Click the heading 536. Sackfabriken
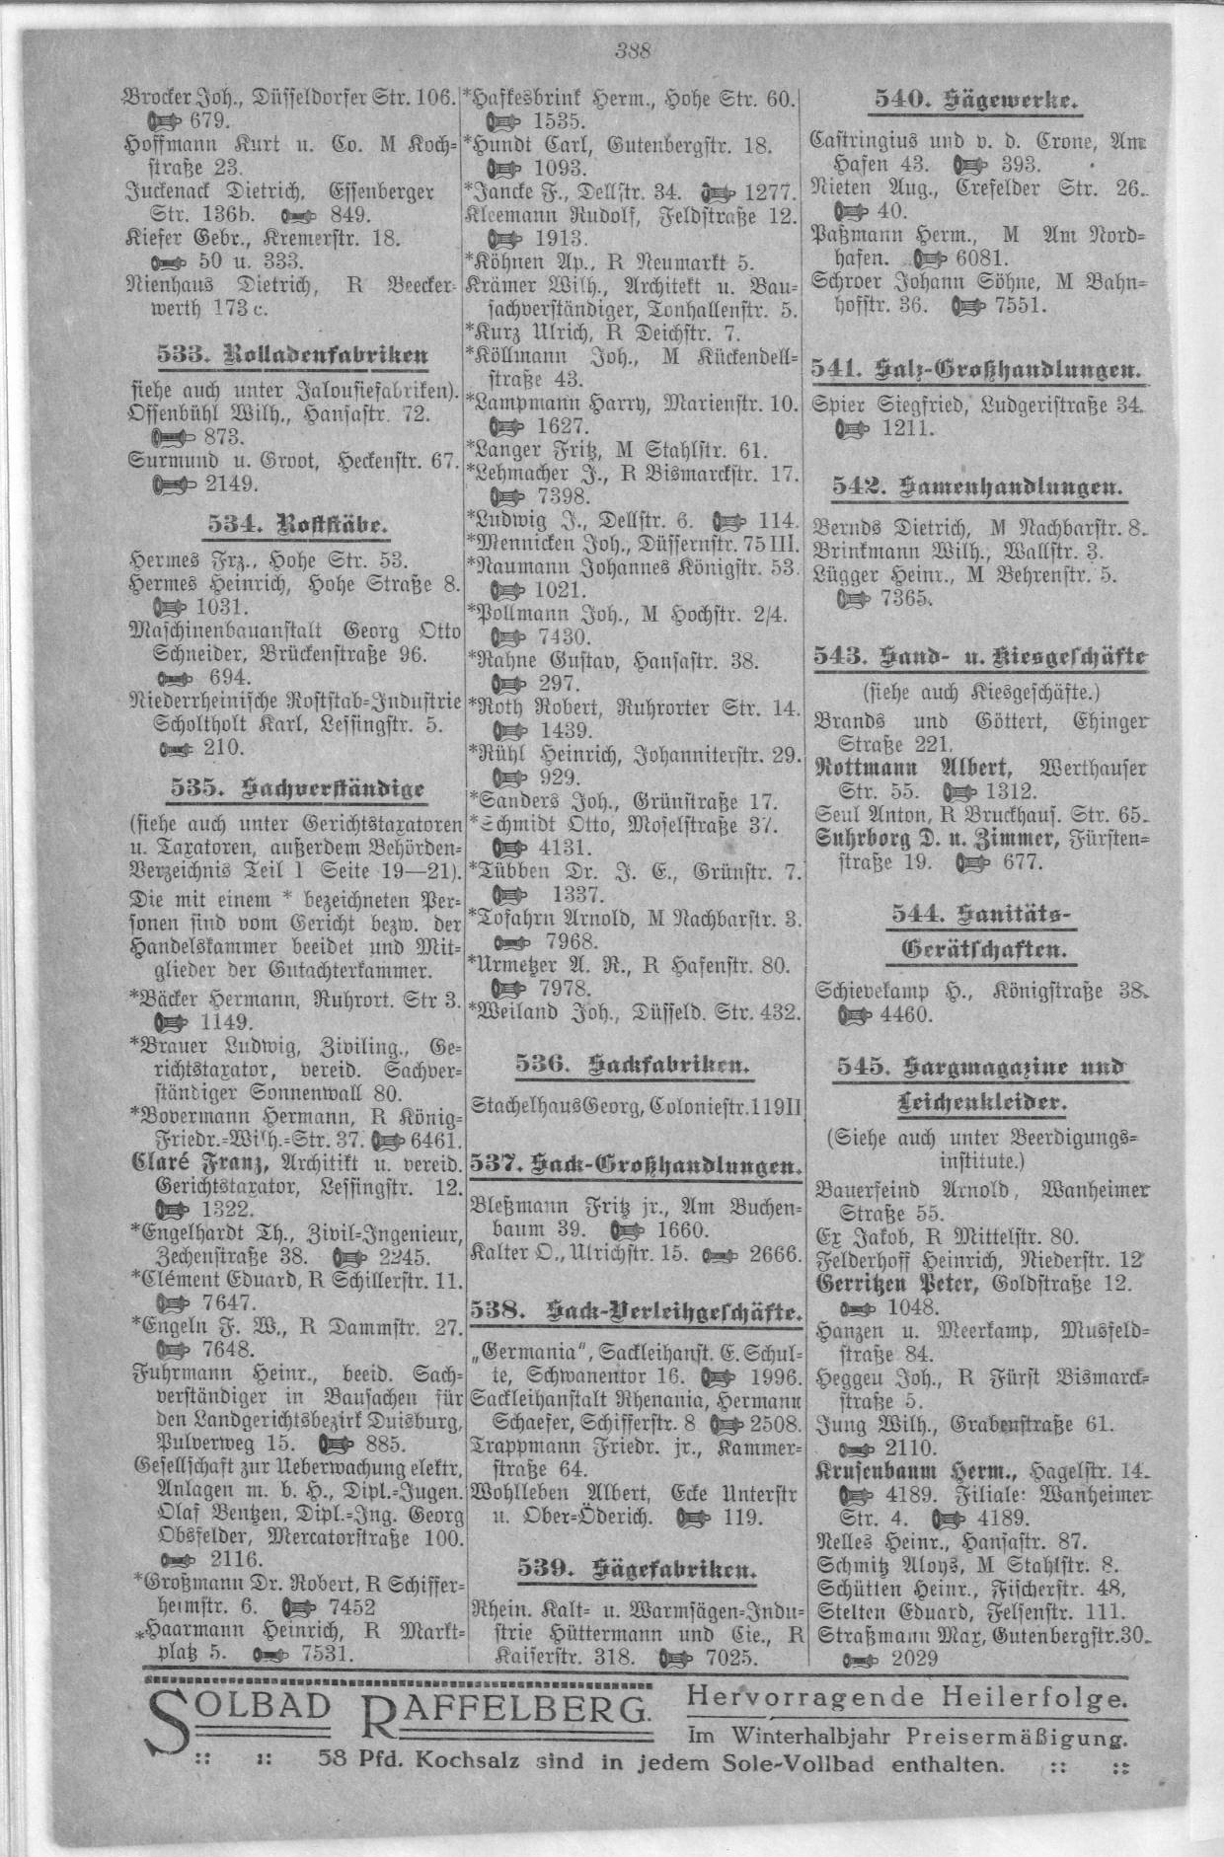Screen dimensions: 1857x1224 632,1064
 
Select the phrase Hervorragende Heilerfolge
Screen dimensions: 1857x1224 906,1698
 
